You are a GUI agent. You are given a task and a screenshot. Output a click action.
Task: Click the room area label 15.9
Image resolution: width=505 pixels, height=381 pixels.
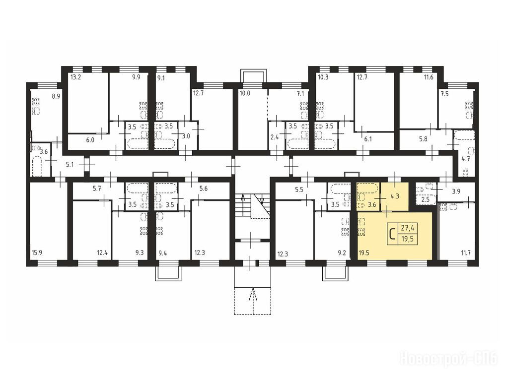[37, 253]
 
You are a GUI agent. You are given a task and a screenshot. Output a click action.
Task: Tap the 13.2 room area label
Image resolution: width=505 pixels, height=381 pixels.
[75, 77]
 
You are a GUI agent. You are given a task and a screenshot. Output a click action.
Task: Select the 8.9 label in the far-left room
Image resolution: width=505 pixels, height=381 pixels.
[56, 96]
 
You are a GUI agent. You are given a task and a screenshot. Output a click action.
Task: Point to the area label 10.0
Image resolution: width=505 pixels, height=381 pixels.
[245, 94]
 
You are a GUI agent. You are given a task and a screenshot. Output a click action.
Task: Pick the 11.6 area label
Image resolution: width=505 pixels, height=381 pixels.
[429, 77]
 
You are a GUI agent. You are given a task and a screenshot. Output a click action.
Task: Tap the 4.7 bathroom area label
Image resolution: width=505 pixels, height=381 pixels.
[466, 159]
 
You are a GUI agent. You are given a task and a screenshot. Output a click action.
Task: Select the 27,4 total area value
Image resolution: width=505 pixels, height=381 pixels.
[407, 228]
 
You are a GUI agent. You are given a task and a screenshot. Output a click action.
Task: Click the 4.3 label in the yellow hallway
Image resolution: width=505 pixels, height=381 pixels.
[395, 195]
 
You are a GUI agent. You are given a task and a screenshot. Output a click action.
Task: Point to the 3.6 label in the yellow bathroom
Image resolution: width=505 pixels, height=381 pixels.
[372, 204]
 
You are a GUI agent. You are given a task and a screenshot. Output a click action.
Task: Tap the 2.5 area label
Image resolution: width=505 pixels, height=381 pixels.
[426, 199]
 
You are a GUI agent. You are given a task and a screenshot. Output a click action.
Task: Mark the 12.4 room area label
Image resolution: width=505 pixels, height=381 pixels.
[102, 253]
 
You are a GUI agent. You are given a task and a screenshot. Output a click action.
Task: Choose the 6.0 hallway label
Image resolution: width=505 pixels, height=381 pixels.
[90, 140]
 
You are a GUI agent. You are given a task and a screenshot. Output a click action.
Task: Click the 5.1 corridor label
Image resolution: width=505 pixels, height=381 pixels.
[70, 165]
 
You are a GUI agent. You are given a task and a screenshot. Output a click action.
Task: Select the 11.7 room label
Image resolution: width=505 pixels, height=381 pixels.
[466, 253]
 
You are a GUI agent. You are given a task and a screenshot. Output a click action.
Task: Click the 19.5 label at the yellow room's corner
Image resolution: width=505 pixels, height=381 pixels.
[363, 253]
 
